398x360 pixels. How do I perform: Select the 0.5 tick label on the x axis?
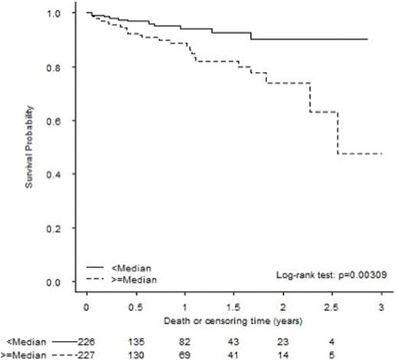tap(135, 306)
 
